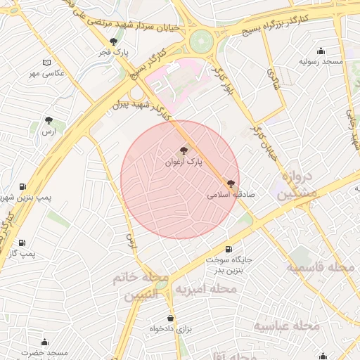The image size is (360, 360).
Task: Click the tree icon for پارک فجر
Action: [x=113, y=41]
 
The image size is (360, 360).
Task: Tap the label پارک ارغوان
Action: [x=183, y=162]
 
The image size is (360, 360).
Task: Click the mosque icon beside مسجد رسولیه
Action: [x=321, y=51]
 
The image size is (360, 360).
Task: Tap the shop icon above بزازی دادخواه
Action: [x=169, y=318]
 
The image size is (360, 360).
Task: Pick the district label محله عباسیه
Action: [x=287, y=326]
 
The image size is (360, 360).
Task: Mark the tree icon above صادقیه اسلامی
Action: [x=231, y=184]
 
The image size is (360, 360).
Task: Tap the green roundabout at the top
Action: [x=200, y=41]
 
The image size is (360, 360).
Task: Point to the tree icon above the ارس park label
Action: [x=49, y=121]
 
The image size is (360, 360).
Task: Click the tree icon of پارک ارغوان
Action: [x=184, y=150]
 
